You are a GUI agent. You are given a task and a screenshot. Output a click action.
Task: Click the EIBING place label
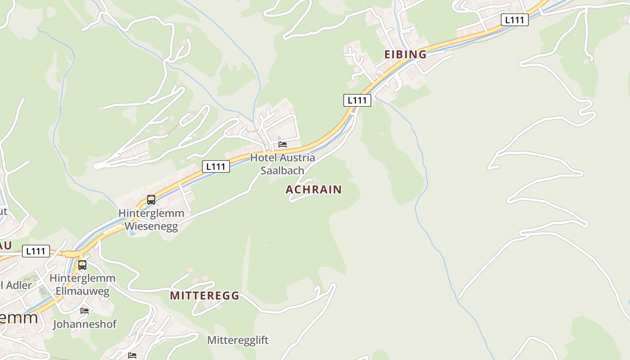click(x=405, y=54)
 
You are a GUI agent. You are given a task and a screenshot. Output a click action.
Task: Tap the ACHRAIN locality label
click(x=314, y=189)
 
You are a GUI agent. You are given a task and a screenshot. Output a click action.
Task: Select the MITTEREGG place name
click(x=204, y=296)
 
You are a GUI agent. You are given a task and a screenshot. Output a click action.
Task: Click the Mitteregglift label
click(x=238, y=340)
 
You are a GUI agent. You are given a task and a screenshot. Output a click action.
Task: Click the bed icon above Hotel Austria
click(x=283, y=144)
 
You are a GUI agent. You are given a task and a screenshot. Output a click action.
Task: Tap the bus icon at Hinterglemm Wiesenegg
click(x=151, y=199)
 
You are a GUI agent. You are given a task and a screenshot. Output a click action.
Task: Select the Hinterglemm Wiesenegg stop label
click(x=151, y=220)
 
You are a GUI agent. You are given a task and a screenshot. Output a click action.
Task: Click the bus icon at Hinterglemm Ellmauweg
click(x=82, y=265)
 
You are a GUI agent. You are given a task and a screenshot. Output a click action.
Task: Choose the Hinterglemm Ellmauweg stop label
click(x=82, y=284)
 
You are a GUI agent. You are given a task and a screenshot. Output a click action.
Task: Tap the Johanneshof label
click(x=85, y=324)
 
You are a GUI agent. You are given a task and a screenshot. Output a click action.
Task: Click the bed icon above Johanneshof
click(x=85, y=310)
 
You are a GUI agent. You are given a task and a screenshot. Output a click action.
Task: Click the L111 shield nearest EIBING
click(x=357, y=100)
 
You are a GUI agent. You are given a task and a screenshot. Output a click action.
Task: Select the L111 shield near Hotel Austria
click(x=216, y=166)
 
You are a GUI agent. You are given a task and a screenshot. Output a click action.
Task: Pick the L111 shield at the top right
click(x=514, y=20)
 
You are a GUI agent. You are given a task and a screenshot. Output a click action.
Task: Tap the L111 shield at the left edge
click(x=36, y=251)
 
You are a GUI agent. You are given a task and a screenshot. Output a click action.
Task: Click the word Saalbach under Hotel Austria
click(x=283, y=171)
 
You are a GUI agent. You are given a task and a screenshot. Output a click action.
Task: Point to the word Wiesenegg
click(x=151, y=226)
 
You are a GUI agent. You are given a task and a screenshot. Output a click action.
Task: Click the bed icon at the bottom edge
click(x=132, y=355)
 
